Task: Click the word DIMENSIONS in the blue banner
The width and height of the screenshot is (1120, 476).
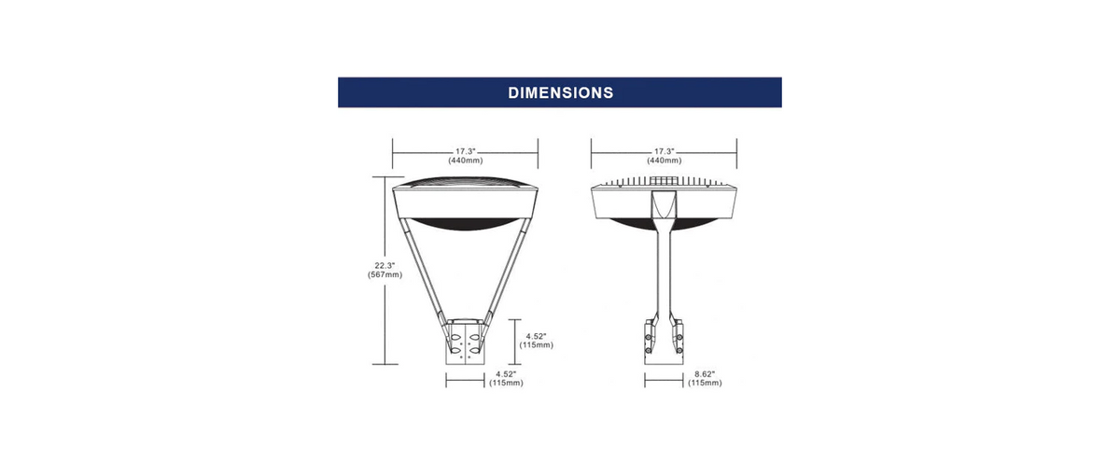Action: [x=561, y=92]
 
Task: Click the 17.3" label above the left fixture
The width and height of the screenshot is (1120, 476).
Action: [x=465, y=151]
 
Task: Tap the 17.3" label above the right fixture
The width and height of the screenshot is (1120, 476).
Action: [x=664, y=151]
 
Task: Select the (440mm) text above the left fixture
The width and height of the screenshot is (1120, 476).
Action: [x=466, y=161]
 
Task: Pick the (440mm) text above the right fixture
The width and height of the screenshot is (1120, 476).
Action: [x=664, y=161]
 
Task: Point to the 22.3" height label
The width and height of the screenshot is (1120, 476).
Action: [x=385, y=265]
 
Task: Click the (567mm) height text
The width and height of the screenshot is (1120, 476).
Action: [x=385, y=274]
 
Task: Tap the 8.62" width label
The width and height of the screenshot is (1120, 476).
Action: [x=705, y=374]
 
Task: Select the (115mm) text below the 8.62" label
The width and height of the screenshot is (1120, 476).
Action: [x=705, y=383]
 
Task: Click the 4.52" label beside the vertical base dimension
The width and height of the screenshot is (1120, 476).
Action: [x=536, y=336]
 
